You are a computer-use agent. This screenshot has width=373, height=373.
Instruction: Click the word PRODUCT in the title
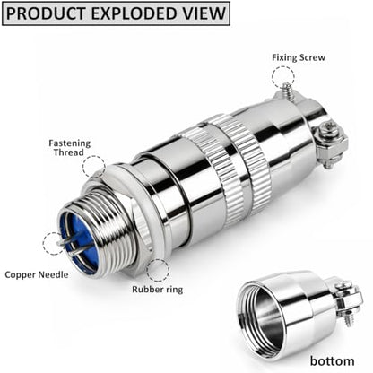point(46,13)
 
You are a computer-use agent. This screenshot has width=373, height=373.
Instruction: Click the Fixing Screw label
point(299,57)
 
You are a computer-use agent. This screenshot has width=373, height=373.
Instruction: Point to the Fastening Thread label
point(69,148)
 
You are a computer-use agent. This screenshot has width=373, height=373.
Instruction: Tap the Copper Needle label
point(37,274)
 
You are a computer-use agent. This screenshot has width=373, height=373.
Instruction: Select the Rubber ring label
point(158,290)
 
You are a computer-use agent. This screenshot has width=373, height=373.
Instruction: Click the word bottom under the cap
point(332,360)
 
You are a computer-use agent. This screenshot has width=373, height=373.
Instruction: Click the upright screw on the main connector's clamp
point(288,90)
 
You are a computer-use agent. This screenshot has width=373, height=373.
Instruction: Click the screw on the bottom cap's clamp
point(347,320)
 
